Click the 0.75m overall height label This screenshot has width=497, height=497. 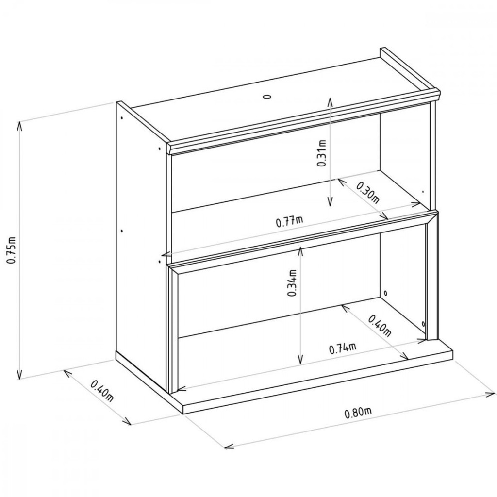12,250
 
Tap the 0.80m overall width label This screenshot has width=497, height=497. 358,413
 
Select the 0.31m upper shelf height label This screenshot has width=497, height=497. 321,153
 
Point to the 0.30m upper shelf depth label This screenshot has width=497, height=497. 368,192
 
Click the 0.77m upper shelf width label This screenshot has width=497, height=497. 289,221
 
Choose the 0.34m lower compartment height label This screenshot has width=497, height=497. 292,283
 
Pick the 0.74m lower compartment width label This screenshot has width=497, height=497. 343,348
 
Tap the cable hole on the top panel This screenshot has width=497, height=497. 267,97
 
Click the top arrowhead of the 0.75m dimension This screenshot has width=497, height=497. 19,125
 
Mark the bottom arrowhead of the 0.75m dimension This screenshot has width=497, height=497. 20,376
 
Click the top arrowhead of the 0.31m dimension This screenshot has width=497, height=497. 330,101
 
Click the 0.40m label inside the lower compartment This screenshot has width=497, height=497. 380,326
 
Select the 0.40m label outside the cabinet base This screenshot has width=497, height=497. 102,391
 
